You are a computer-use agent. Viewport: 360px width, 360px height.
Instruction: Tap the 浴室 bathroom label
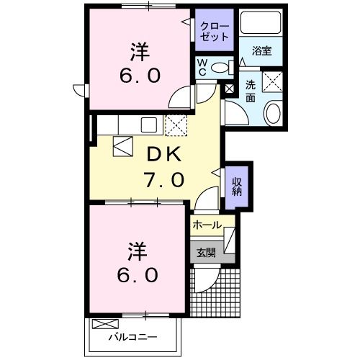pos(263,50)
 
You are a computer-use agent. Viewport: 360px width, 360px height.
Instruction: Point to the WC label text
pos(203,68)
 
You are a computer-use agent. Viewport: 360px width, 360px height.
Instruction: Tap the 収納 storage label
pos(236,186)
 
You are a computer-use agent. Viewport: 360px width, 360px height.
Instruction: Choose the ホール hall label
pos(207,225)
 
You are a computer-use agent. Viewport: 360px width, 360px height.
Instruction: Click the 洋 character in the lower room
pos(138,251)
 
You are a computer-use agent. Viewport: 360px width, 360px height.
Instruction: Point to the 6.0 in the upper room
pos(139,75)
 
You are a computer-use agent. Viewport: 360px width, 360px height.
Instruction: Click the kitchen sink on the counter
pos(150,124)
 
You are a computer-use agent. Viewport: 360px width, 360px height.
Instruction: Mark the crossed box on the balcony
pos(104,324)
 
